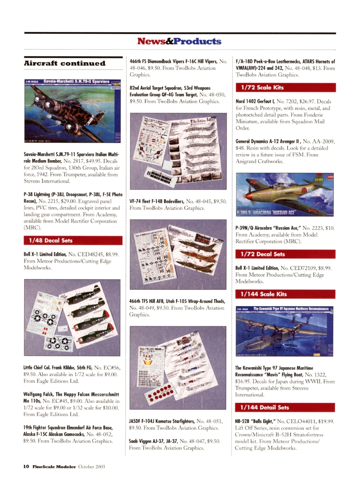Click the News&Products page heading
click(179, 41)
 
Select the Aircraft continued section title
click(65, 63)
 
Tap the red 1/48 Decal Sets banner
click(73, 241)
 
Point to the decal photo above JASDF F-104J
click(178, 368)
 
